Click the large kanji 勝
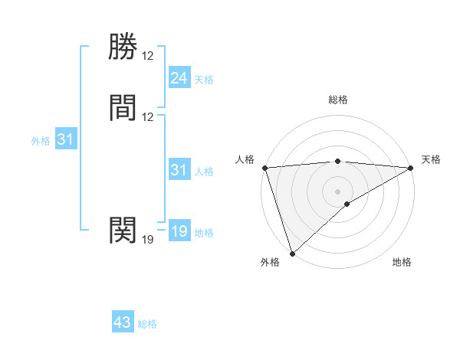(x=123, y=47)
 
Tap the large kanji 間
(x=123, y=108)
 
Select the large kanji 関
(x=123, y=229)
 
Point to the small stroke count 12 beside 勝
(x=148, y=56)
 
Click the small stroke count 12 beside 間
(x=148, y=117)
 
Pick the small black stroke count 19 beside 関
(x=148, y=240)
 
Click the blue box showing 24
(x=179, y=78)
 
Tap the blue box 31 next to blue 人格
(x=179, y=170)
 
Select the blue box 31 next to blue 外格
(x=66, y=139)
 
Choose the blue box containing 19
(x=179, y=231)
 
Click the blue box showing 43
(x=123, y=322)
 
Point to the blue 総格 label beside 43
(x=147, y=324)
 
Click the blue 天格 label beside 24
(x=203, y=80)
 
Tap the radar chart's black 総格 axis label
(x=338, y=100)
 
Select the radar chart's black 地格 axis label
(x=402, y=263)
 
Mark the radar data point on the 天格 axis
(x=412, y=168)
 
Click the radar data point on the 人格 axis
(x=264, y=168)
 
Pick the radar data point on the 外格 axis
(x=292, y=254)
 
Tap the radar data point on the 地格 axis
(x=347, y=204)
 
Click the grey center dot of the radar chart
(x=338, y=191)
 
